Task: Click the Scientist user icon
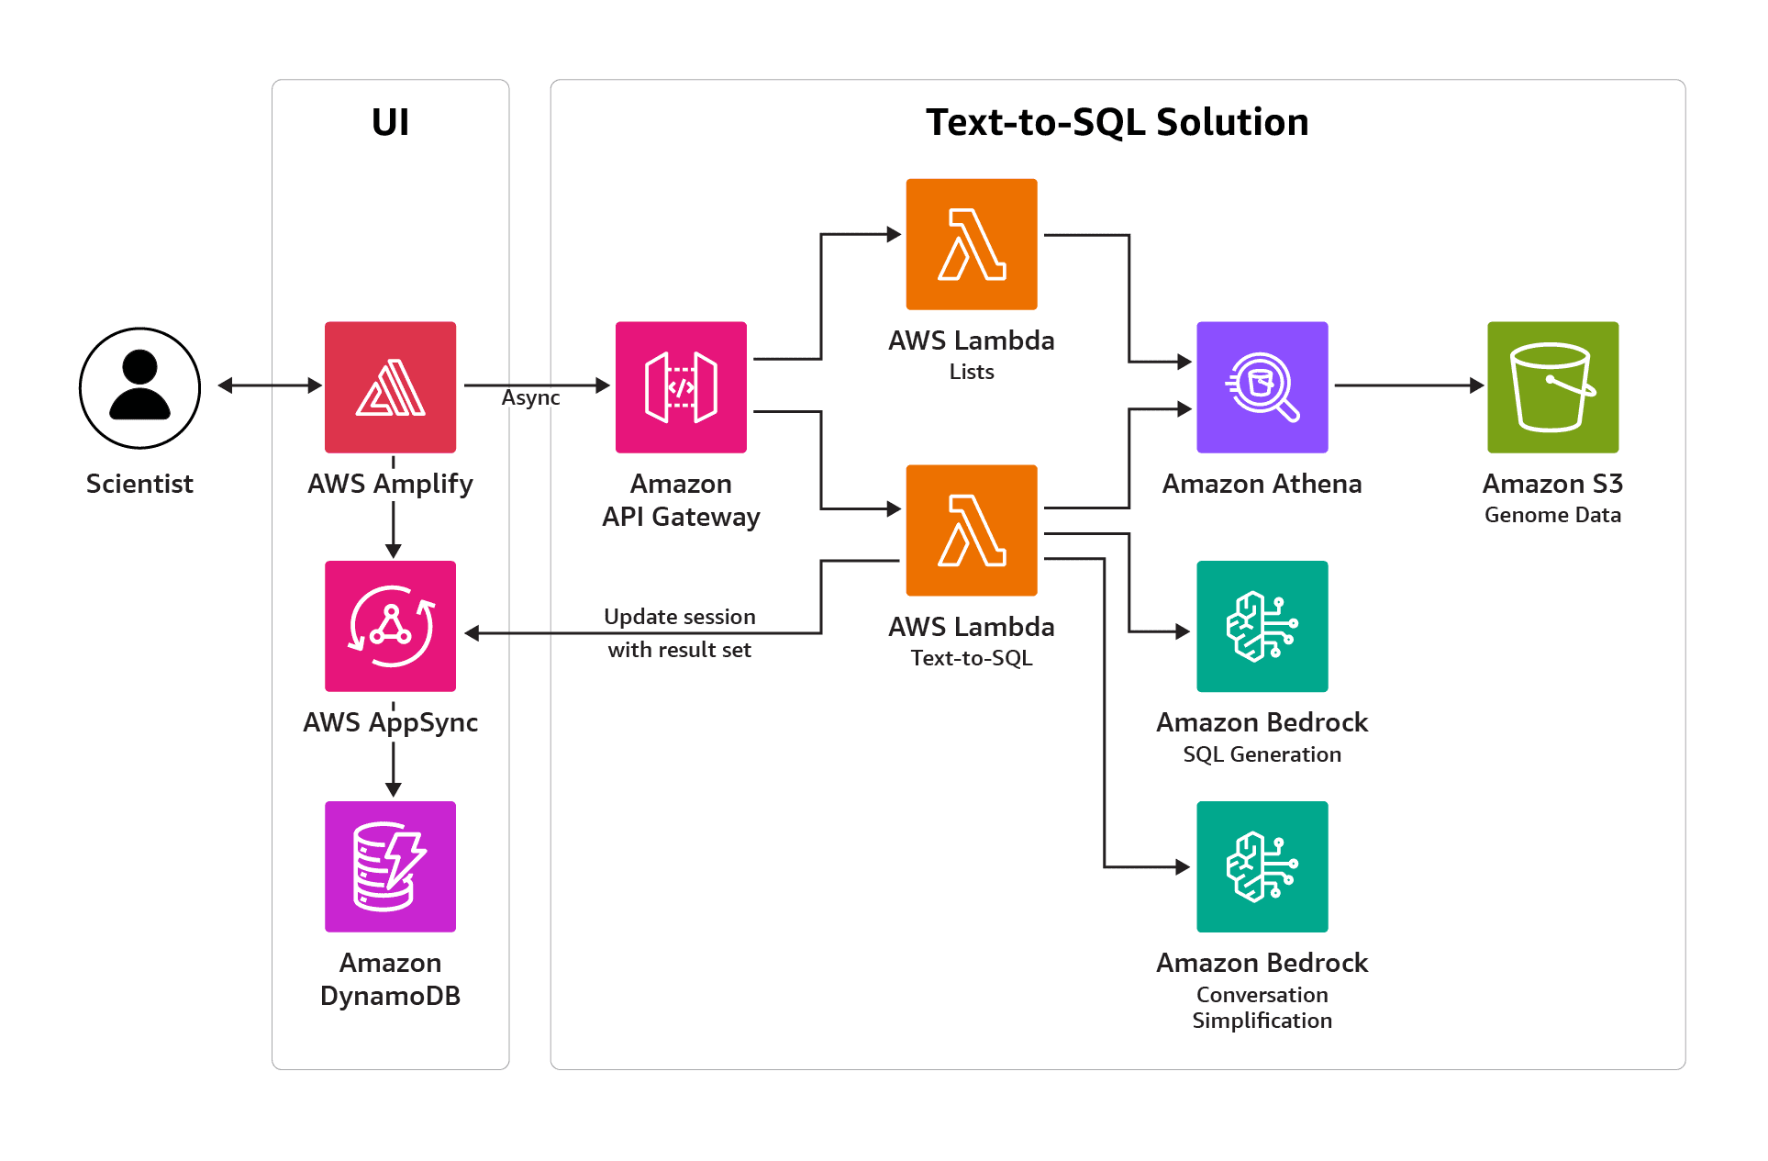[139, 387]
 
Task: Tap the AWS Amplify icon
[390, 386]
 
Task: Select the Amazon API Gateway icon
[681, 386]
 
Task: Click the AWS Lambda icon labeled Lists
[972, 244]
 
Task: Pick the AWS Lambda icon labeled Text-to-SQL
[972, 530]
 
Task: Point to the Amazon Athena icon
[1262, 386]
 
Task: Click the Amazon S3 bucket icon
[1552, 386]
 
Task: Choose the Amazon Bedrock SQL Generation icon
[1262, 626]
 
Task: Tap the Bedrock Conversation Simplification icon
[1262, 866]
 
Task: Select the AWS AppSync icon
[390, 626]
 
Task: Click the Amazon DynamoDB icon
[390, 866]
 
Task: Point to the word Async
[530, 398]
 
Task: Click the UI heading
[390, 122]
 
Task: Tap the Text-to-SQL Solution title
[1117, 122]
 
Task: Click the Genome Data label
[1552, 515]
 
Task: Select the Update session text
[679, 617]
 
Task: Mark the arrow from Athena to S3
[1408, 385]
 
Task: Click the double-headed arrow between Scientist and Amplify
[270, 385]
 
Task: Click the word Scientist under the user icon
[139, 484]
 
